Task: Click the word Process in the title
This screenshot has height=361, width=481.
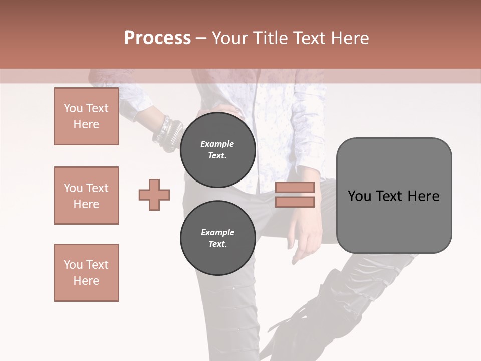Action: tap(157, 38)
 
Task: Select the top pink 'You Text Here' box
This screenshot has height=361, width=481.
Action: tap(86, 116)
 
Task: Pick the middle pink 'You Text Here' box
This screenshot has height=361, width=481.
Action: tap(86, 196)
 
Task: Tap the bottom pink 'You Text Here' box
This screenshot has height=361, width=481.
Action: tap(86, 273)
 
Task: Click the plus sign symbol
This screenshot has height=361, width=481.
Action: tap(154, 195)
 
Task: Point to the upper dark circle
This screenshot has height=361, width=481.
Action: tap(217, 150)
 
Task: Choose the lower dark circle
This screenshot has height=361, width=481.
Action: tap(217, 238)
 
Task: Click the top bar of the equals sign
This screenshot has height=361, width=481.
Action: tap(295, 188)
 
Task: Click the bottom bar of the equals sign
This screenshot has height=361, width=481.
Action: tap(295, 202)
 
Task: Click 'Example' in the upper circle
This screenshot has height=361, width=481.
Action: tap(217, 144)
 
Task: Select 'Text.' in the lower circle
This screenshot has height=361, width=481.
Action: tap(217, 244)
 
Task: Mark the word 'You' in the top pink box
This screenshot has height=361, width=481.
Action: tap(73, 108)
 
